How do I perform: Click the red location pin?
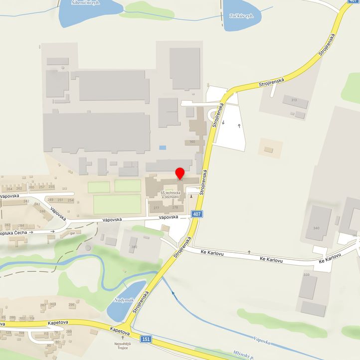[180, 173]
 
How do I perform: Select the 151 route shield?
[146, 339]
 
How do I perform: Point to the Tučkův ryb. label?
[241, 16]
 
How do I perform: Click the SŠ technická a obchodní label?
[173, 194]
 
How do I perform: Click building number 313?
[294, 100]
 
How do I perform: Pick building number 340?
[316, 228]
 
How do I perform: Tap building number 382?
[134, 247]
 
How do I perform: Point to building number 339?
[306, 275]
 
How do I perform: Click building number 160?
[192, 142]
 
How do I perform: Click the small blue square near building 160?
[162, 148]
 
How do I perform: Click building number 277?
[156, 207]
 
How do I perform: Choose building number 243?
[37, 204]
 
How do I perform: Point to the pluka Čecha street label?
[14, 232]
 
